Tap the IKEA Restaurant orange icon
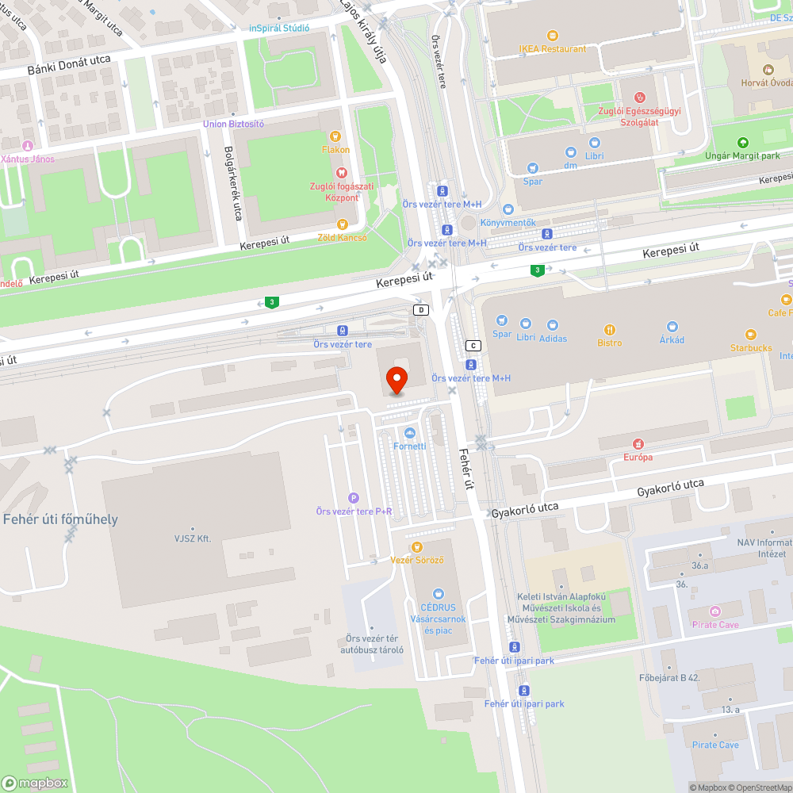pos(553,36)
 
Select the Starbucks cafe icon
pos(750,335)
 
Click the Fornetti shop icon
pos(410,433)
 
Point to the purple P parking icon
pos(354,498)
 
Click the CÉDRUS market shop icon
pos(439,594)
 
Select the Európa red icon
pos(638,444)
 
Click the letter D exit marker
pos(421,310)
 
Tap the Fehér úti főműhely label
pos(61,519)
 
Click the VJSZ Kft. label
pos(192,538)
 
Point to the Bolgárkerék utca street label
pos(232,182)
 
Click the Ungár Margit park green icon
pos(743,143)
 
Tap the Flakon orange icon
pos(335,136)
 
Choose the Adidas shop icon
pos(553,325)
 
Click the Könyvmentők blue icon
pos(508,209)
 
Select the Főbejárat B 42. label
pos(669,678)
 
